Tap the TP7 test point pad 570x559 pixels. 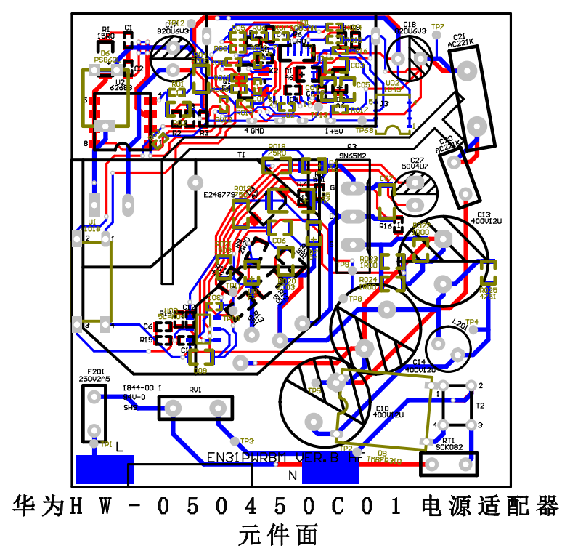[x=437, y=34]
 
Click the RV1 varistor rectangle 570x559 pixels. [x=196, y=408]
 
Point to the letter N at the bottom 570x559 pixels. [x=293, y=476]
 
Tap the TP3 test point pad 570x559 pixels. [x=234, y=441]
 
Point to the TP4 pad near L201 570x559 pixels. [x=473, y=330]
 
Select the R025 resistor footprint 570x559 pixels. [x=489, y=272]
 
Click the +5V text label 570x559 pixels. [x=335, y=131]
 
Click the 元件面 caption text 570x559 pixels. [x=279, y=536]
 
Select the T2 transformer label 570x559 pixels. [x=480, y=405]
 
